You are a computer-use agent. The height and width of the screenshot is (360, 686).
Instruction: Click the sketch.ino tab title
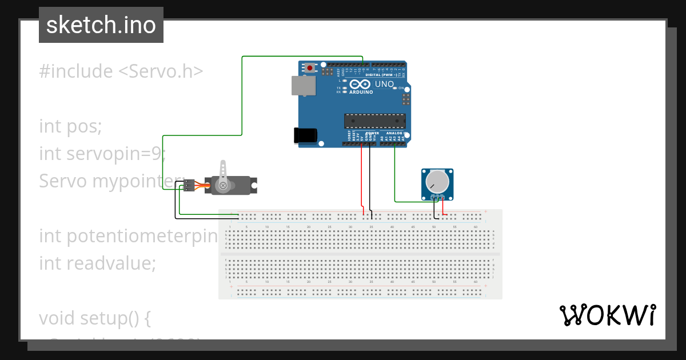click(x=101, y=25)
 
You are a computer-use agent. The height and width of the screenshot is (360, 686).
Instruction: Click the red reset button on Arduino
click(x=310, y=67)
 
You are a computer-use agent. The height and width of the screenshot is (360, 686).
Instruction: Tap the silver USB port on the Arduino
click(x=302, y=86)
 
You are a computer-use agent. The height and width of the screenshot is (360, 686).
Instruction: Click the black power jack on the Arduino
click(x=304, y=135)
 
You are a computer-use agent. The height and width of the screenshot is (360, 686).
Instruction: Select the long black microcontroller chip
click(x=374, y=121)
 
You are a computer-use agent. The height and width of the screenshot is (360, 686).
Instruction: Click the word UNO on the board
click(x=384, y=84)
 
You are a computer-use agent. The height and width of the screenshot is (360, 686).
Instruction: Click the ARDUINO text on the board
click(x=361, y=92)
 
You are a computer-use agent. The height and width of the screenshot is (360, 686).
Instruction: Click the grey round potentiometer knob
click(x=437, y=181)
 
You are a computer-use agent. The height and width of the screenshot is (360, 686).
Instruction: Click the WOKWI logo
click(x=607, y=315)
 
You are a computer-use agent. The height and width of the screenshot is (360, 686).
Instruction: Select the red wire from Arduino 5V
click(x=361, y=177)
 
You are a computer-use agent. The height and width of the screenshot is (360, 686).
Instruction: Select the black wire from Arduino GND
click(x=370, y=177)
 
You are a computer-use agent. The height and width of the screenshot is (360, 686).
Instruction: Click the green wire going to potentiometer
click(x=395, y=177)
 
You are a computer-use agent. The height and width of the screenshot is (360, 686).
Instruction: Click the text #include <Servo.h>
click(x=121, y=71)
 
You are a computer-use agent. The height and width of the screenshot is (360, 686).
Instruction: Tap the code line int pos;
click(x=70, y=126)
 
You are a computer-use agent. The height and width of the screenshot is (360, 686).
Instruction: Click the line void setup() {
click(x=95, y=318)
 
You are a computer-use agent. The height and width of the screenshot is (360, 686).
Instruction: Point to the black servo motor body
click(x=240, y=185)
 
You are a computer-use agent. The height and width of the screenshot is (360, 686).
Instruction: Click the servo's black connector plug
click(x=189, y=185)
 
